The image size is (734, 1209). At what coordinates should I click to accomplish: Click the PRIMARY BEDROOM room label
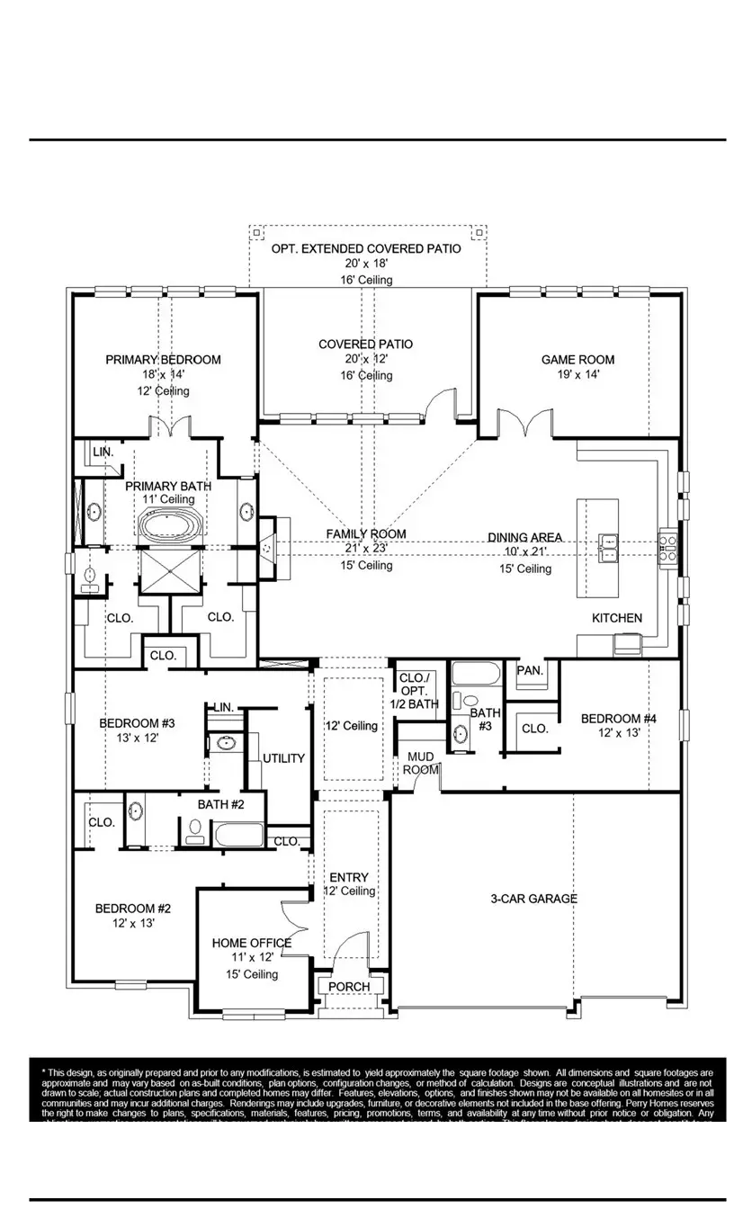coord(163,360)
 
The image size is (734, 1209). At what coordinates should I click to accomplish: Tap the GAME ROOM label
coord(577,360)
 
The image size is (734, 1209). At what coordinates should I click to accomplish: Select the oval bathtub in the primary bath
coord(171,526)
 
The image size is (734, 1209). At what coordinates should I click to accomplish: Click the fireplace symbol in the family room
coord(268,546)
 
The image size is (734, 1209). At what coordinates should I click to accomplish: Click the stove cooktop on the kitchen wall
coord(668,547)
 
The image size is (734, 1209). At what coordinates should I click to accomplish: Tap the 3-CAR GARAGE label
coord(534,899)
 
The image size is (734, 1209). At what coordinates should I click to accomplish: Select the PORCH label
coord(349,987)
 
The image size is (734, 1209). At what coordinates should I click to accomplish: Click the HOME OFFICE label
coord(251,943)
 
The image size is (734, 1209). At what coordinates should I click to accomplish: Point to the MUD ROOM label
coord(420,764)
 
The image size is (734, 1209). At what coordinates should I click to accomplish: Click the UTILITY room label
coord(283,758)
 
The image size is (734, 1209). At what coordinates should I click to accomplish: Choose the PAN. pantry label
coord(530,671)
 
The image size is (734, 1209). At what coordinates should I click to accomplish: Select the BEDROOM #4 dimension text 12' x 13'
coord(618,733)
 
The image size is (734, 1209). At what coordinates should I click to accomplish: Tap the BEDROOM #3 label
coord(136,721)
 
